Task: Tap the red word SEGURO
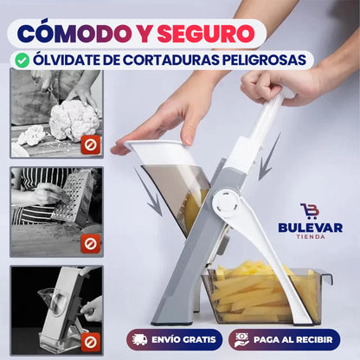click(x=206, y=34)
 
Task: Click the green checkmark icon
click(x=22, y=61)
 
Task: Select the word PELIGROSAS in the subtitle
click(x=264, y=60)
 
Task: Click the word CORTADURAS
click(x=170, y=60)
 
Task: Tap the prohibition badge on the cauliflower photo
click(x=91, y=145)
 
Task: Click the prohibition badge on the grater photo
click(x=91, y=243)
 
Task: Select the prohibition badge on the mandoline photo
click(x=91, y=342)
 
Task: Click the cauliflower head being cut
click(x=74, y=119)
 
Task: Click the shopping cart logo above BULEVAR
click(x=309, y=211)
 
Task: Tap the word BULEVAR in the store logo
click(x=311, y=228)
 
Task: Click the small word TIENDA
click(x=311, y=237)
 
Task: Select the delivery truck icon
click(x=140, y=339)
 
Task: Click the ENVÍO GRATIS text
click(x=183, y=340)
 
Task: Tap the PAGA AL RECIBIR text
click(x=292, y=340)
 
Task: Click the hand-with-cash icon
click(x=241, y=340)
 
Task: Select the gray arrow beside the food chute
click(x=149, y=192)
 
